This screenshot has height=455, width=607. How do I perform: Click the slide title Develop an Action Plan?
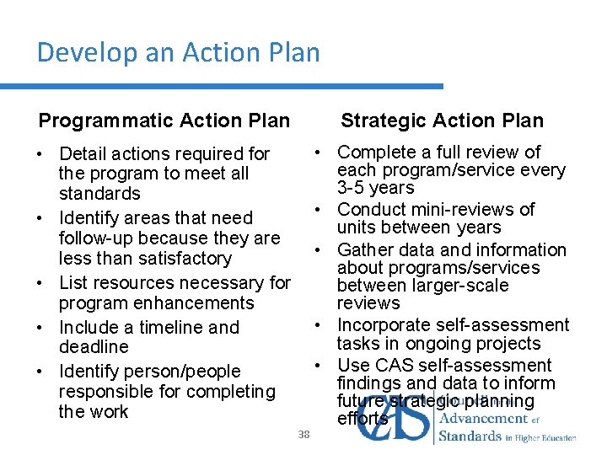(178, 53)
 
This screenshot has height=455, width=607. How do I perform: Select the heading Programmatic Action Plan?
(164, 120)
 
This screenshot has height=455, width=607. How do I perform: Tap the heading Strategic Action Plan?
(442, 120)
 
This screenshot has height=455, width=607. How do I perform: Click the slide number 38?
(304, 434)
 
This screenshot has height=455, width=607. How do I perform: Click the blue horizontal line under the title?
(221, 86)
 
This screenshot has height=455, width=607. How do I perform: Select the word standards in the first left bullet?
(99, 194)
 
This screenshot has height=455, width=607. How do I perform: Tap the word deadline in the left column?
(94, 346)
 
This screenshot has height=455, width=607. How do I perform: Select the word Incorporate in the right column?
(385, 324)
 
